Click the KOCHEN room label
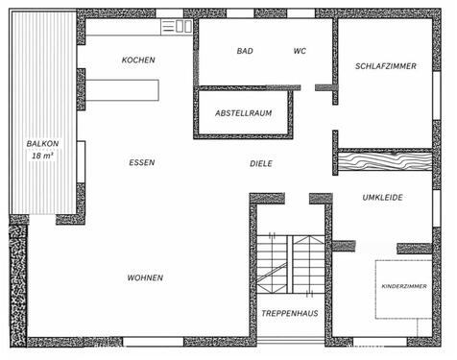[x=138, y=60]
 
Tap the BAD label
[x=245, y=51]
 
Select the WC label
[x=300, y=51]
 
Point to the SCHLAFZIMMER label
[x=384, y=67]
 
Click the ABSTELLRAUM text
[x=243, y=113]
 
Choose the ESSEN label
[x=141, y=163]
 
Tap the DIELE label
[x=260, y=164]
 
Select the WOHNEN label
[x=145, y=278]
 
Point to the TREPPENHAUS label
[x=288, y=314]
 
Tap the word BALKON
[x=42, y=144]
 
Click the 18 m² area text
[x=42, y=156]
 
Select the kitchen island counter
[x=123, y=90]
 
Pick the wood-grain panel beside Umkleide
[x=384, y=163]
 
